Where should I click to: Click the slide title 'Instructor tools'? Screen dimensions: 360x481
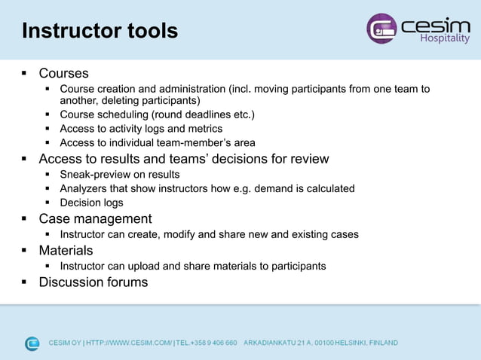tap(100, 31)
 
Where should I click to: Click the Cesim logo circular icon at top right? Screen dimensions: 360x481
tap(381, 29)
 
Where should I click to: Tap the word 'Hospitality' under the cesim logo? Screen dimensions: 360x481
tap(445, 39)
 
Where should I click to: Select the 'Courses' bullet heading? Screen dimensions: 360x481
tap(63, 74)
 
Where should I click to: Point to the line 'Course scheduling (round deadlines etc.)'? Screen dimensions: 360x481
tap(157, 114)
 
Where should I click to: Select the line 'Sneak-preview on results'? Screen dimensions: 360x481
tap(119, 175)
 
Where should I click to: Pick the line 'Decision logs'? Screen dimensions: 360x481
tap(91, 203)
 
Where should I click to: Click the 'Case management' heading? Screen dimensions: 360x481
tap(95, 219)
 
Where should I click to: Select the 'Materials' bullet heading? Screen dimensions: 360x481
tap(66, 250)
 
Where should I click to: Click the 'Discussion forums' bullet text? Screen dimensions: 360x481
tap(93, 282)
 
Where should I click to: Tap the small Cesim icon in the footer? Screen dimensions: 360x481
tap(32, 343)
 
